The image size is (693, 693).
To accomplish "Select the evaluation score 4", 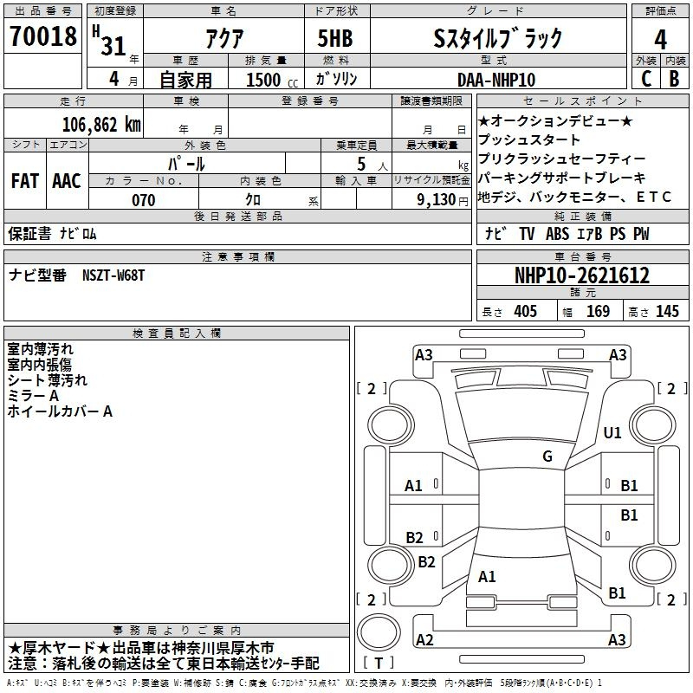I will point(661,39).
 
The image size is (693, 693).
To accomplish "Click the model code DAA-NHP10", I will point(496,79).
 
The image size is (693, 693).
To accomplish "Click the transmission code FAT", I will point(24,181).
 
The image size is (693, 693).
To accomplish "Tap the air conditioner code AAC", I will point(66,181).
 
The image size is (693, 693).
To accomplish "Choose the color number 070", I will point(144,200).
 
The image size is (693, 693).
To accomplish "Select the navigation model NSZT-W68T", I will point(113,275).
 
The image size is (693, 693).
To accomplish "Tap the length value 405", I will point(525,312).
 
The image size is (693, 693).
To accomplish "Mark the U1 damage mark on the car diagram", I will point(612,431).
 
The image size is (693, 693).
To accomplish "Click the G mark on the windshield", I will point(547,457).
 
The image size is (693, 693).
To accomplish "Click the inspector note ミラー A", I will point(33,396).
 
